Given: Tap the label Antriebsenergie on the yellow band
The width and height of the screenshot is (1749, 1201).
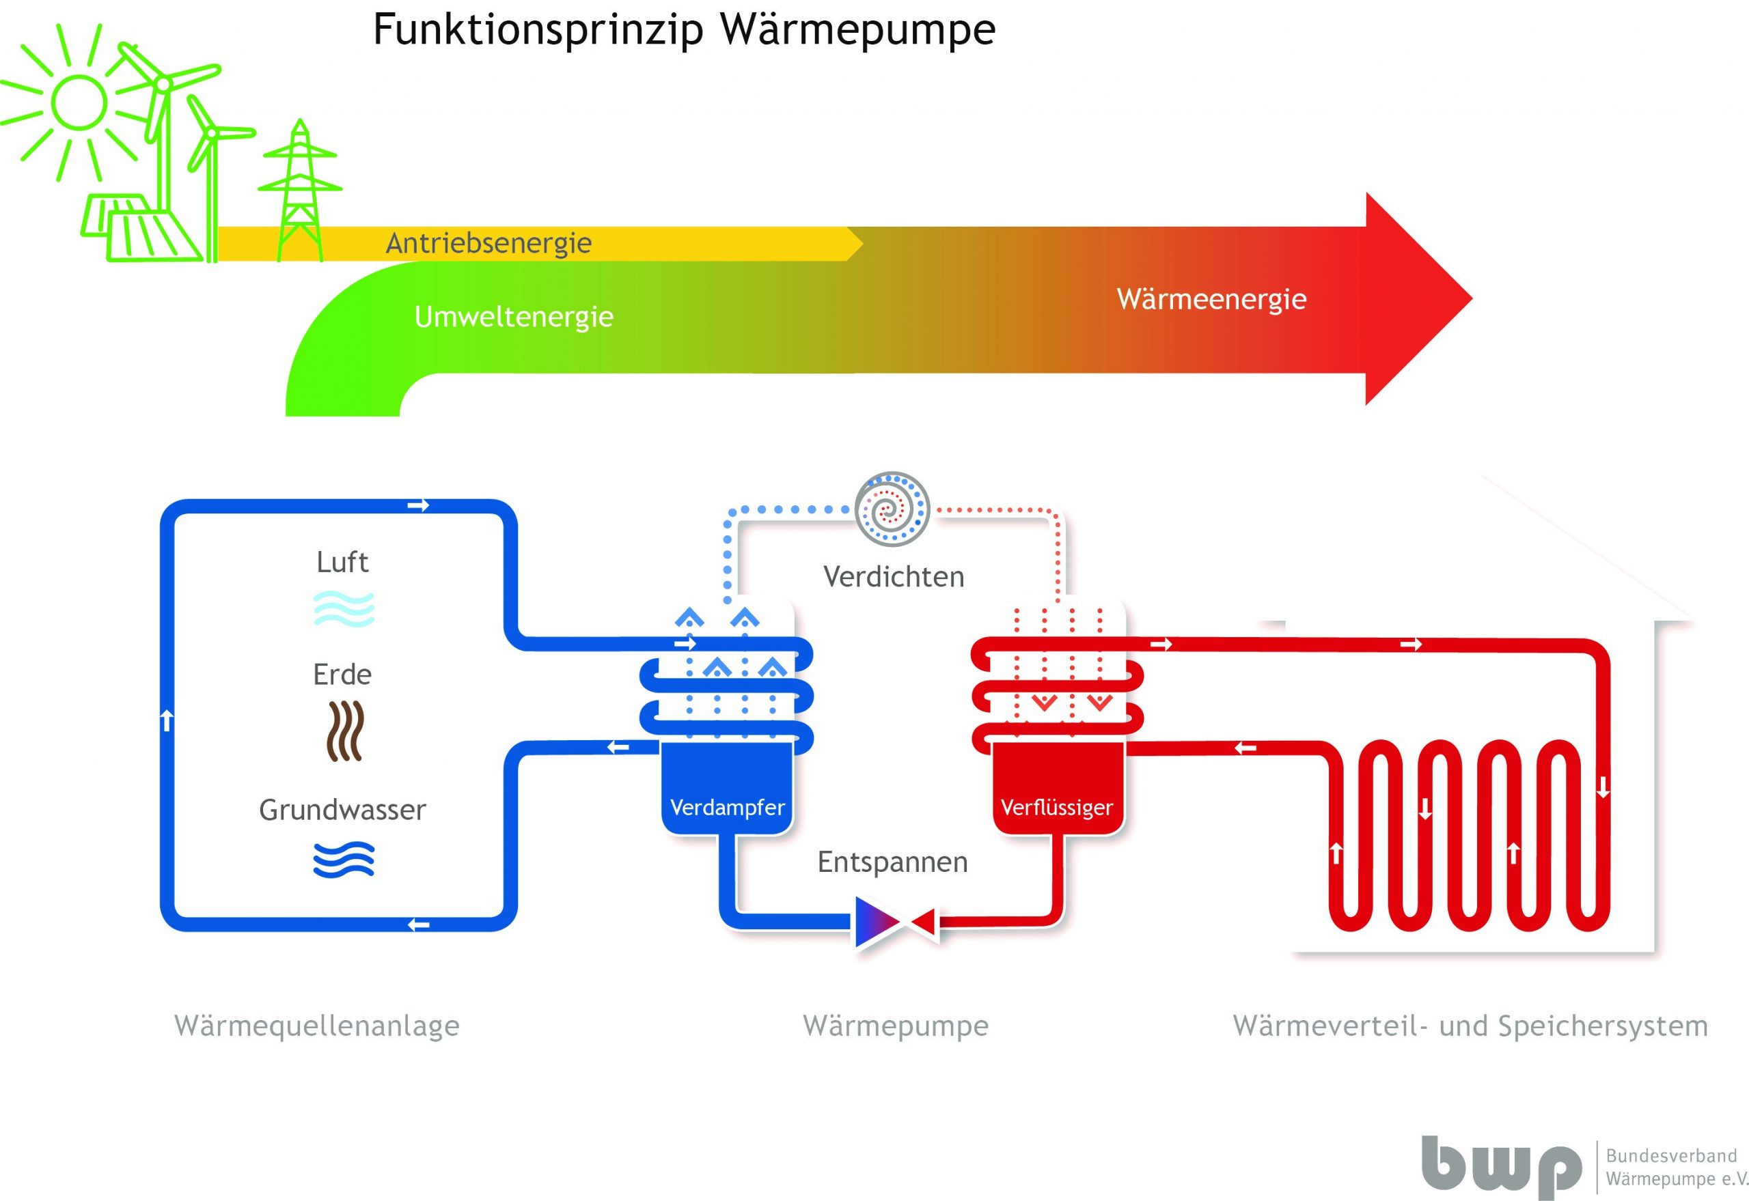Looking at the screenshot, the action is coord(488,244).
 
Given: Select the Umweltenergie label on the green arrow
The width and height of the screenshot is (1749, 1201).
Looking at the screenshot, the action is coord(514,317).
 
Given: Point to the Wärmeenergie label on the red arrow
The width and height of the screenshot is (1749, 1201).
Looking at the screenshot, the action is coord(1211,299).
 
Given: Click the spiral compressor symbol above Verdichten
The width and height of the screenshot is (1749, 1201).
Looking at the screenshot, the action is coord(892,509).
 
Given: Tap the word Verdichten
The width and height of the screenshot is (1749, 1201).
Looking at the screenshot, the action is coord(894,577).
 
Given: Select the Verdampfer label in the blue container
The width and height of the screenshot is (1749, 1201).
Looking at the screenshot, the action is coord(728,808).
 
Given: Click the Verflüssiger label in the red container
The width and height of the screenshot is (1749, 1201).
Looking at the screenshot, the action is coord(1056,808).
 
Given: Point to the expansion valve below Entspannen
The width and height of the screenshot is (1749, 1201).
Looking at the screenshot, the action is coord(895,920).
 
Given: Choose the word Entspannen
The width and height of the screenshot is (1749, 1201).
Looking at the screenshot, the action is coord(893,862).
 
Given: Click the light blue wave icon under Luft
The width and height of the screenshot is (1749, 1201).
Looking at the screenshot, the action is coord(344,609).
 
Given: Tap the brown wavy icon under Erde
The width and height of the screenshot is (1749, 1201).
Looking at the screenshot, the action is coord(346,731).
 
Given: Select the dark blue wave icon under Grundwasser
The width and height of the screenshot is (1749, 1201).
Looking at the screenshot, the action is coord(344,860).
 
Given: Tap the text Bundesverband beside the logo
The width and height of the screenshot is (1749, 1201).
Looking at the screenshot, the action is coord(1671,1155).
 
